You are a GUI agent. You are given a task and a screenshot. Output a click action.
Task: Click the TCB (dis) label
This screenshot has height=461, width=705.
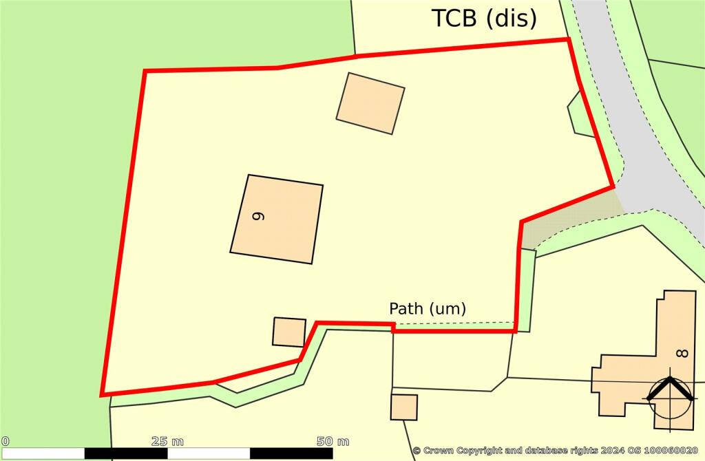point(484,19)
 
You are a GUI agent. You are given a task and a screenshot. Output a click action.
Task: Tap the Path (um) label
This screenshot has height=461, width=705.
point(428,309)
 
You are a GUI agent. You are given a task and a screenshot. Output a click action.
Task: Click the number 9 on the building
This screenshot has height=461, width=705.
point(258,215)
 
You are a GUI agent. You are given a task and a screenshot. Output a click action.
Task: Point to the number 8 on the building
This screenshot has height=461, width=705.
point(682,354)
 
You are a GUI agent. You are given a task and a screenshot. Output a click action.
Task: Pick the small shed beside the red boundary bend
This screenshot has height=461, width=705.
point(289,332)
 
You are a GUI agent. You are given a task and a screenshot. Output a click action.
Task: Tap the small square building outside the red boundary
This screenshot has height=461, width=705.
point(404,407)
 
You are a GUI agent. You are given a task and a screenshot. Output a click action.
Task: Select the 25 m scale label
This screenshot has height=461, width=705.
point(167,440)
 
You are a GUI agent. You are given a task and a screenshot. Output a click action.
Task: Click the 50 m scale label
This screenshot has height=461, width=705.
point(333,440)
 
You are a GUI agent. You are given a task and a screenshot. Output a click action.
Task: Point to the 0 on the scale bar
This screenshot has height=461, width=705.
point(6,440)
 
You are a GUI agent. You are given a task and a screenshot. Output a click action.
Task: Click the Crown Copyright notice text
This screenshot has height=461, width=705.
point(557,451)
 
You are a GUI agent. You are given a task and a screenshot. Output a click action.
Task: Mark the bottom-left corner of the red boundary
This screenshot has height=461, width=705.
point(102,395)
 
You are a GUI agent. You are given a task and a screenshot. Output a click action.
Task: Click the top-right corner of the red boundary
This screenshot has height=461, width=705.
point(569,39)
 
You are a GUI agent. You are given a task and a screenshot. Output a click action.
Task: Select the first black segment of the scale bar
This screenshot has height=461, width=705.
point(126,453)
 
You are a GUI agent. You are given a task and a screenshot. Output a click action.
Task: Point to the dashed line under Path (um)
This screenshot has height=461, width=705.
point(454,323)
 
